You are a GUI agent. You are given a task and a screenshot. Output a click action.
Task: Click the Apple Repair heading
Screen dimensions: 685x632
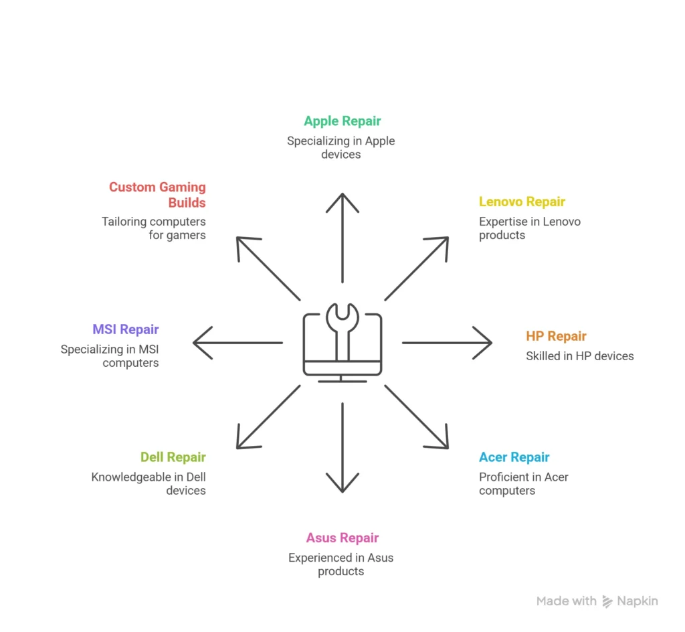(342, 121)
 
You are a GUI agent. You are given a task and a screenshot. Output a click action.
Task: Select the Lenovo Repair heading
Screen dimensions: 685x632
(522, 202)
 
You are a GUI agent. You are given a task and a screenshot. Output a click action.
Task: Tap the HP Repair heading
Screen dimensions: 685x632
(556, 336)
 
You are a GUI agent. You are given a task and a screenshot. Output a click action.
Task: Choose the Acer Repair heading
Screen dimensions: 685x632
(514, 457)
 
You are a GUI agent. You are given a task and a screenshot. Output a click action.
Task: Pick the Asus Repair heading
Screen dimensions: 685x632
(342, 538)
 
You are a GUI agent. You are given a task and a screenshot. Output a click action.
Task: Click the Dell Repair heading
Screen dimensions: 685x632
(173, 457)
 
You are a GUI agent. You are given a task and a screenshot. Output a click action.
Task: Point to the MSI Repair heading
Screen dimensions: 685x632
(125, 329)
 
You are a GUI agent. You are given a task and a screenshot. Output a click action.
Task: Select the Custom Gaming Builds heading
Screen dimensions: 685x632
(157, 195)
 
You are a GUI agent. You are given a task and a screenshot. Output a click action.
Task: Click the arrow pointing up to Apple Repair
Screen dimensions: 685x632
(342, 238)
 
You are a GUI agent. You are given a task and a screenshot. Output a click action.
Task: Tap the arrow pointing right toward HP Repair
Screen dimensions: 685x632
(448, 343)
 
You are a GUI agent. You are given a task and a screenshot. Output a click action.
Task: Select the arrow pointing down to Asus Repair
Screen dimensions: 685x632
(342, 448)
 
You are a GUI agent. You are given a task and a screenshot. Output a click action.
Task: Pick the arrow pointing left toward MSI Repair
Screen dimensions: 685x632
(237, 343)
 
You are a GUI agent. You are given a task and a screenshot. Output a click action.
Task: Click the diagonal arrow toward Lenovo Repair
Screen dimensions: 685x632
(416, 268)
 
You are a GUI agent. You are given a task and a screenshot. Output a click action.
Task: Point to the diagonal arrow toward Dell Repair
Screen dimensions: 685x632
(268, 417)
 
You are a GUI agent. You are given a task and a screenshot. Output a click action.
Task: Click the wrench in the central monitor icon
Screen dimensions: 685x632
(342, 331)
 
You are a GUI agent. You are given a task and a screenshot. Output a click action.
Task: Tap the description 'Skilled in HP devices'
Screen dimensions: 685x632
(580, 356)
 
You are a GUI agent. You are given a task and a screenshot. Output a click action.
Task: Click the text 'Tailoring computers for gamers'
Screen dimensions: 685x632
(154, 228)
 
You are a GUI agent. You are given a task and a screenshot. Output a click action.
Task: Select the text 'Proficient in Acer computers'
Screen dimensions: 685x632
(524, 483)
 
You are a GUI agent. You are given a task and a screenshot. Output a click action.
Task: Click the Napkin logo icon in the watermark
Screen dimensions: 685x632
(607, 601)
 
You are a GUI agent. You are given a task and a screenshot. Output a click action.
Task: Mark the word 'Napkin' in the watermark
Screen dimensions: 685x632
(638, 601)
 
